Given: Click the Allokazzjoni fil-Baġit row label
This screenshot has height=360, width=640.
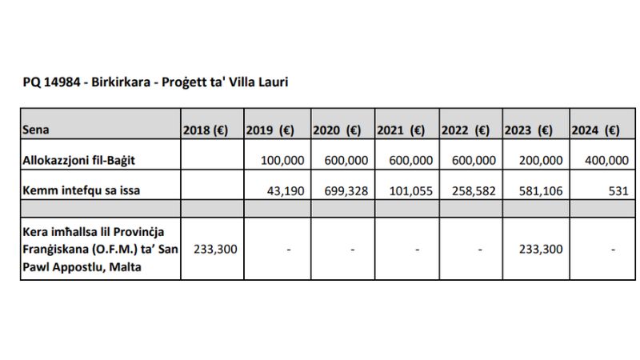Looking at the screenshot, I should [x=78, y=161].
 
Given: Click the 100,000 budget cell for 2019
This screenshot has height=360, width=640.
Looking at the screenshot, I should [x=282, y=161].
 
